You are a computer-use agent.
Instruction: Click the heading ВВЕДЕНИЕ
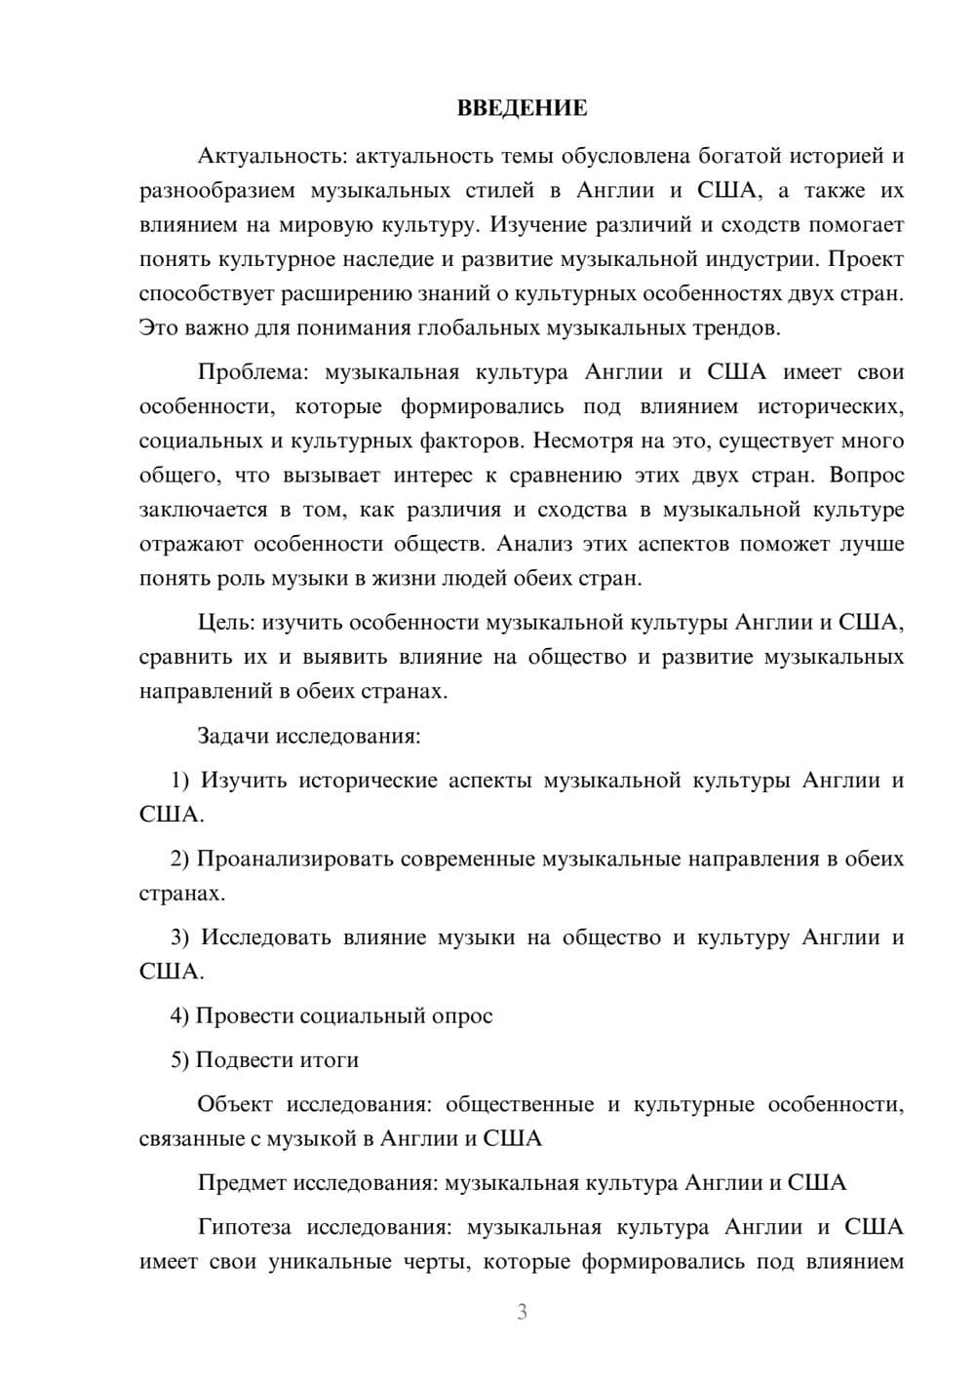522,108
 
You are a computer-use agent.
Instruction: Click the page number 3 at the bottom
522,1312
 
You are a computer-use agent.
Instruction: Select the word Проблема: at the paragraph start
254,372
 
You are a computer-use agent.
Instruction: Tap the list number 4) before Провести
179,1015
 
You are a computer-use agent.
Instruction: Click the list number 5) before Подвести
179,1060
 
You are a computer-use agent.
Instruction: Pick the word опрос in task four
466,1016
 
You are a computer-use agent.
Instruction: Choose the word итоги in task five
332,1060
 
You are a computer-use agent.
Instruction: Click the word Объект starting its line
235,1105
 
